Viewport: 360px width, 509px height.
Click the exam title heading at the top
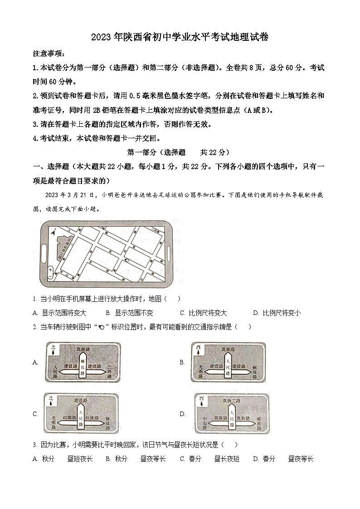click(180, 38)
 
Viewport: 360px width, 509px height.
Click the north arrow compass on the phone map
click(54, 233)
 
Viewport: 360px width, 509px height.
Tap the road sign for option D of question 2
click(231, 413)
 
